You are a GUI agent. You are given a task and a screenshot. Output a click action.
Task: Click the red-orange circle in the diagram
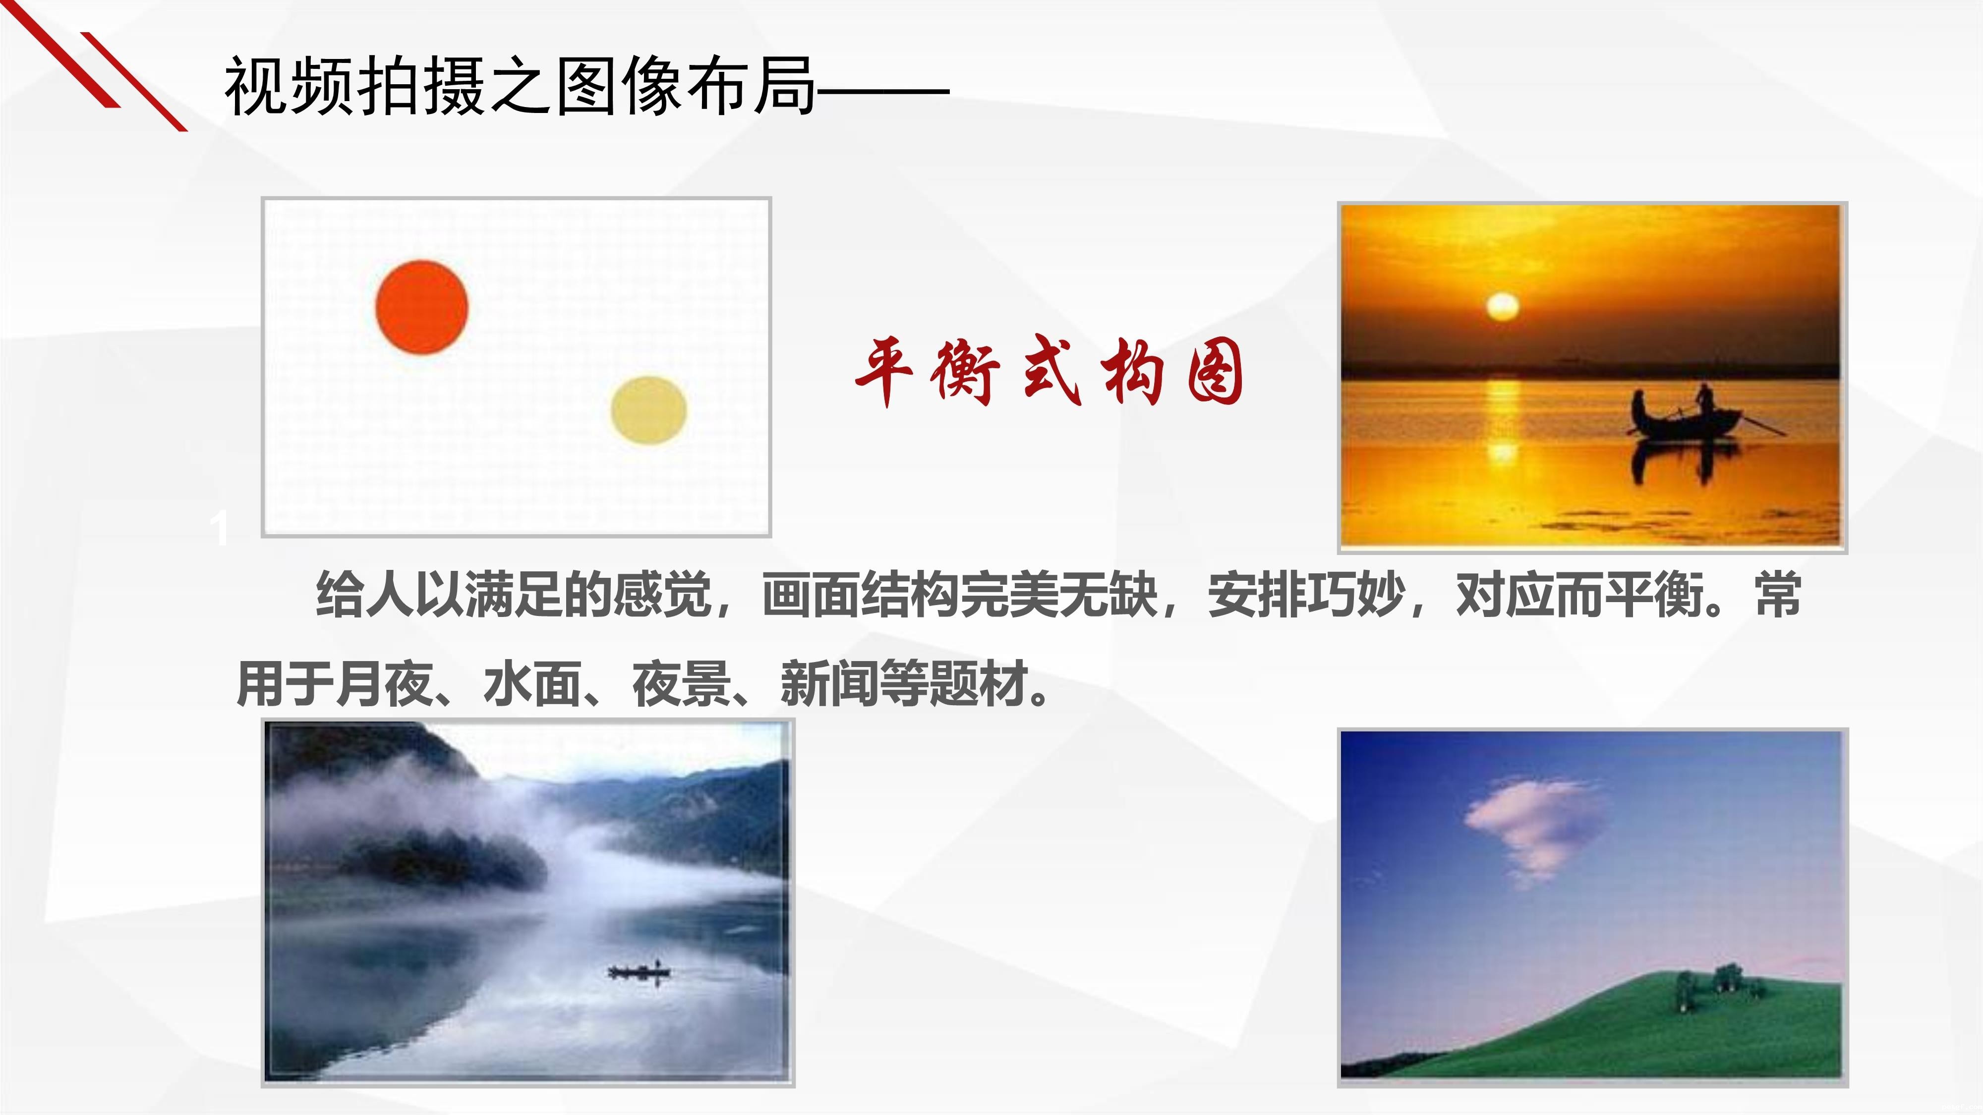point(422,307)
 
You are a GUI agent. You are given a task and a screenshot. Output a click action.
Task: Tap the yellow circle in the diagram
point(649,410)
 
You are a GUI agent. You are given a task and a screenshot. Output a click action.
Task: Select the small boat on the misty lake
point(639,972)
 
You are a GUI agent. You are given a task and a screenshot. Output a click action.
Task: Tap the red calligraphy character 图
point(1214,373)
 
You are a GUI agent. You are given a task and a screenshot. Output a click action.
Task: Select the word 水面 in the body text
point(532,684)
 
